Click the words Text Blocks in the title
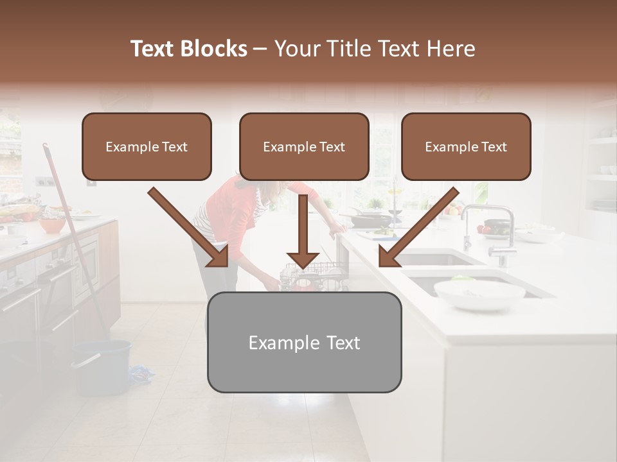(188, 49)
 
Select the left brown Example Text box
(147, 147)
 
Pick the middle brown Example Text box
(304, 147)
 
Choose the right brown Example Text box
(466, 147)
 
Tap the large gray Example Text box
(304, 343)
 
